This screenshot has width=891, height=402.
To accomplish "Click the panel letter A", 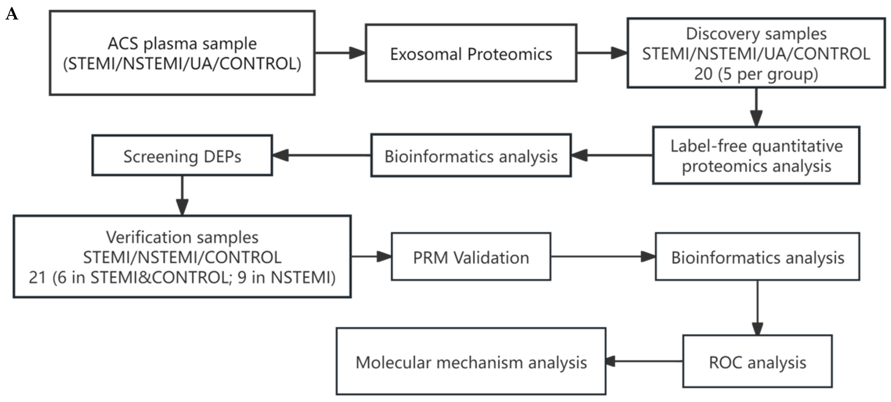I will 12,15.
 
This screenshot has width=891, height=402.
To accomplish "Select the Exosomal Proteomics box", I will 471,53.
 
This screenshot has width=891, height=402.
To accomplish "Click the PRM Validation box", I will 471,257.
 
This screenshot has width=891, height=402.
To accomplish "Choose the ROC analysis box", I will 757,361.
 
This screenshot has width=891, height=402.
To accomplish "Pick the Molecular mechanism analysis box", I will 471,361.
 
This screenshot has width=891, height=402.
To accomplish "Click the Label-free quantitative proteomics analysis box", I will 756,155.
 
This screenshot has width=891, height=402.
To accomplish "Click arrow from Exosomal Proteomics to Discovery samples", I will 602,53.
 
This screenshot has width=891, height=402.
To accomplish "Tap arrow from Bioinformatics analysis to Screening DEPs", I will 322,155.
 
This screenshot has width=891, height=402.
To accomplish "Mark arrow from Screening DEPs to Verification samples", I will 182,195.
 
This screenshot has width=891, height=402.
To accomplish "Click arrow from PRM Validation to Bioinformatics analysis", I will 603,257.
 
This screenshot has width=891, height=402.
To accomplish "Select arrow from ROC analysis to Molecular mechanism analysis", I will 644,361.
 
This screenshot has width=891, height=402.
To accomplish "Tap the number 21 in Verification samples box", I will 37,277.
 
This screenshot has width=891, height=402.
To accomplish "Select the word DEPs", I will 222,157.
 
